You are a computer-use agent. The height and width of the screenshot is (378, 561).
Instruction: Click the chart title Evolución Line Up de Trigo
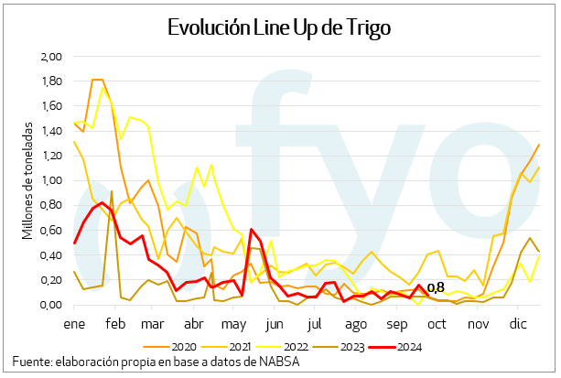tap(280, 28)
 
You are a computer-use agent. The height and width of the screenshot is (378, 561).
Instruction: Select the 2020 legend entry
tap(184, 347)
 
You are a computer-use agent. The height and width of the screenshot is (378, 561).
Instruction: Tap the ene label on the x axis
tap(73, 324)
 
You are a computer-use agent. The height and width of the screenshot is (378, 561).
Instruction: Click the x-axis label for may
tap(235, 324)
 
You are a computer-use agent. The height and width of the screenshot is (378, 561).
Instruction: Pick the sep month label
tap(396, 324)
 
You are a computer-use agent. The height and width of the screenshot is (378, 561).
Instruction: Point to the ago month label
tap(356, 324)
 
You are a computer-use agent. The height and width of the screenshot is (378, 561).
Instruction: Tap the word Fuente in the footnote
tap(32, 363)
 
